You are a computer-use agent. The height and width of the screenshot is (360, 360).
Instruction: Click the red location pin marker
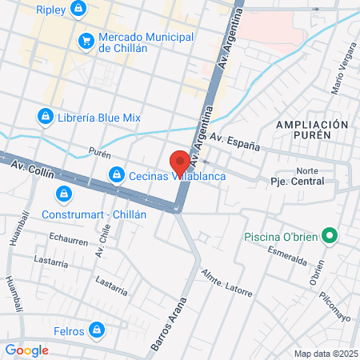[179, 161]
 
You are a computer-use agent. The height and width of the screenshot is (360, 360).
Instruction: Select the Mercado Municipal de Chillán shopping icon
[86, 40]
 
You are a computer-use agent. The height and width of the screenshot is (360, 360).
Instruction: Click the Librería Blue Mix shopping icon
[46, 117]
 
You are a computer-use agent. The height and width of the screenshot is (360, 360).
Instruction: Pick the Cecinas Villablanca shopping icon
[117, 174]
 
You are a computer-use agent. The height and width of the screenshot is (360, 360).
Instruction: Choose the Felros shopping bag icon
[97, 329]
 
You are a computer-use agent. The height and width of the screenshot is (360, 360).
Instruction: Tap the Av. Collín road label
[32, 168]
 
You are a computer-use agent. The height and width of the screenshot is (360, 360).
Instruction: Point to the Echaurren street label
[66, 238]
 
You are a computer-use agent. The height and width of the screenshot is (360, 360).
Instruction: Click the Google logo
[26, 350]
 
